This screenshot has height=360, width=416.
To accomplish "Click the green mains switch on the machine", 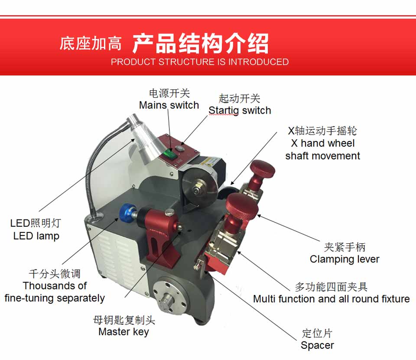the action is tap(169, 154).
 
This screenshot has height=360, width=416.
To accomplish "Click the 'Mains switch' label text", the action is tap(169, 105).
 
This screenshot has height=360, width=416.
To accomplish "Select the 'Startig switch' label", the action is tap(240, 111).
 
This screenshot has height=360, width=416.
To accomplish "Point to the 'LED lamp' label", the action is tap(36, 236).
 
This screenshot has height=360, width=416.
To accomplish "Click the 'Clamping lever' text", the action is tap(344, 259).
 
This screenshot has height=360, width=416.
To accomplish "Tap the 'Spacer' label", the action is tap(317, 345).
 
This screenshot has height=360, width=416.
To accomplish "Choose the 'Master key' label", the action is tap(123, 332).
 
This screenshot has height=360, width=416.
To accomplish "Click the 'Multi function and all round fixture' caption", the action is tap(331, 299).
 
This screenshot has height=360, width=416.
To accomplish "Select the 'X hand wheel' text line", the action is tap(322, 144).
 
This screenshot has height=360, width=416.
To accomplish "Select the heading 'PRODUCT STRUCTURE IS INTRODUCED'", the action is tap(200, 62).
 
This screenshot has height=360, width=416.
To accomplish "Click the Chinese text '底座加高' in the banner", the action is tap(91, 43).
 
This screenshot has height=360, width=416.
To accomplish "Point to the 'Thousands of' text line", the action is tap(55, 286).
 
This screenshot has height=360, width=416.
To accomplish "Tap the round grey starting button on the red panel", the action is tap(179, 148).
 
